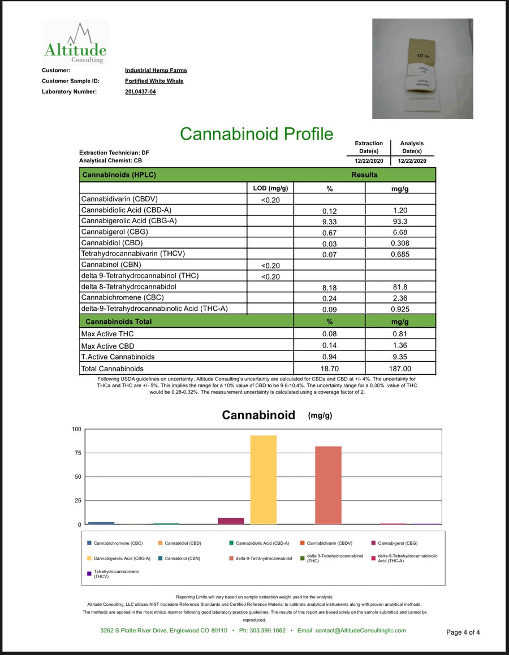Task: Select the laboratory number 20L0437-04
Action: point(140,92)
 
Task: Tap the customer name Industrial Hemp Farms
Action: point(156,71)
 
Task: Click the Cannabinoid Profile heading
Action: point(256,134)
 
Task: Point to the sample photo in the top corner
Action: point(422,68)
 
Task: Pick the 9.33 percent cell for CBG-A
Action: point(329,222)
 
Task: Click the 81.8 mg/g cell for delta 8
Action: point(400,287)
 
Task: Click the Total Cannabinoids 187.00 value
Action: point(400,368)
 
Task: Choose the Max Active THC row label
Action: point(107,334)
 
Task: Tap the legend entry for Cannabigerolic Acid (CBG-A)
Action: point(118,558)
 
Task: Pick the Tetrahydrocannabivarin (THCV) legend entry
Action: point(113,574)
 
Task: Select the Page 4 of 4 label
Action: point(463,632)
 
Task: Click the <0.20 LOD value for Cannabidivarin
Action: point(270,199)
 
